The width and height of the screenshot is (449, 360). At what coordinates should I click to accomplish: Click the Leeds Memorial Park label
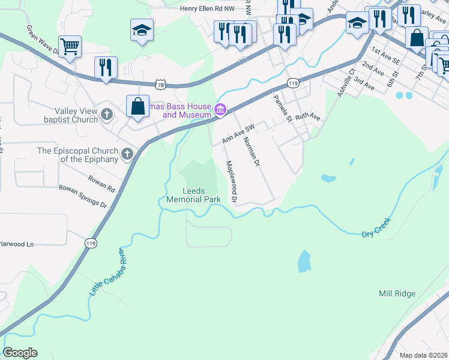click(193, 195)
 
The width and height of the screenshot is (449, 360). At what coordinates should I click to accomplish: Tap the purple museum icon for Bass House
click(220, 109)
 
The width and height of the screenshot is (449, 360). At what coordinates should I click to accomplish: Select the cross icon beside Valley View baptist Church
click(107, 114)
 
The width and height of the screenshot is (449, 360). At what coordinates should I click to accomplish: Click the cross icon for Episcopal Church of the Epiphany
click(127, 154)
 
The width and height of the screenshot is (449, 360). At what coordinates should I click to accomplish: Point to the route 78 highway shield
click(159, 85)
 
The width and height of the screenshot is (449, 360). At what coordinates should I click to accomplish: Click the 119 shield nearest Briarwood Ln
click(91, 243)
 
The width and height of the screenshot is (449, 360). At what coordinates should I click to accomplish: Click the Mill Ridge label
click(397, 293)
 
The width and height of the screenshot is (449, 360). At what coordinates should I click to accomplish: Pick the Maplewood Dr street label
click(231, 181)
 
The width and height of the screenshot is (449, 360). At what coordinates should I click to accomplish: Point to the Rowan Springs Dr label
click(82, 196)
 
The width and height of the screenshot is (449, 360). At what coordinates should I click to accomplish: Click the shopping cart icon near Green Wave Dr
click(70, 46)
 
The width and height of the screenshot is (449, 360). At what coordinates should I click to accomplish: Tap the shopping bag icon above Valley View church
click(137, 106)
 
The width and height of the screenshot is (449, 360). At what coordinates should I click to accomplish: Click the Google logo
click(20, 353)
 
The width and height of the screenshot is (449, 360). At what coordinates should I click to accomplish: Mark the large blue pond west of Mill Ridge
click(304, 261)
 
